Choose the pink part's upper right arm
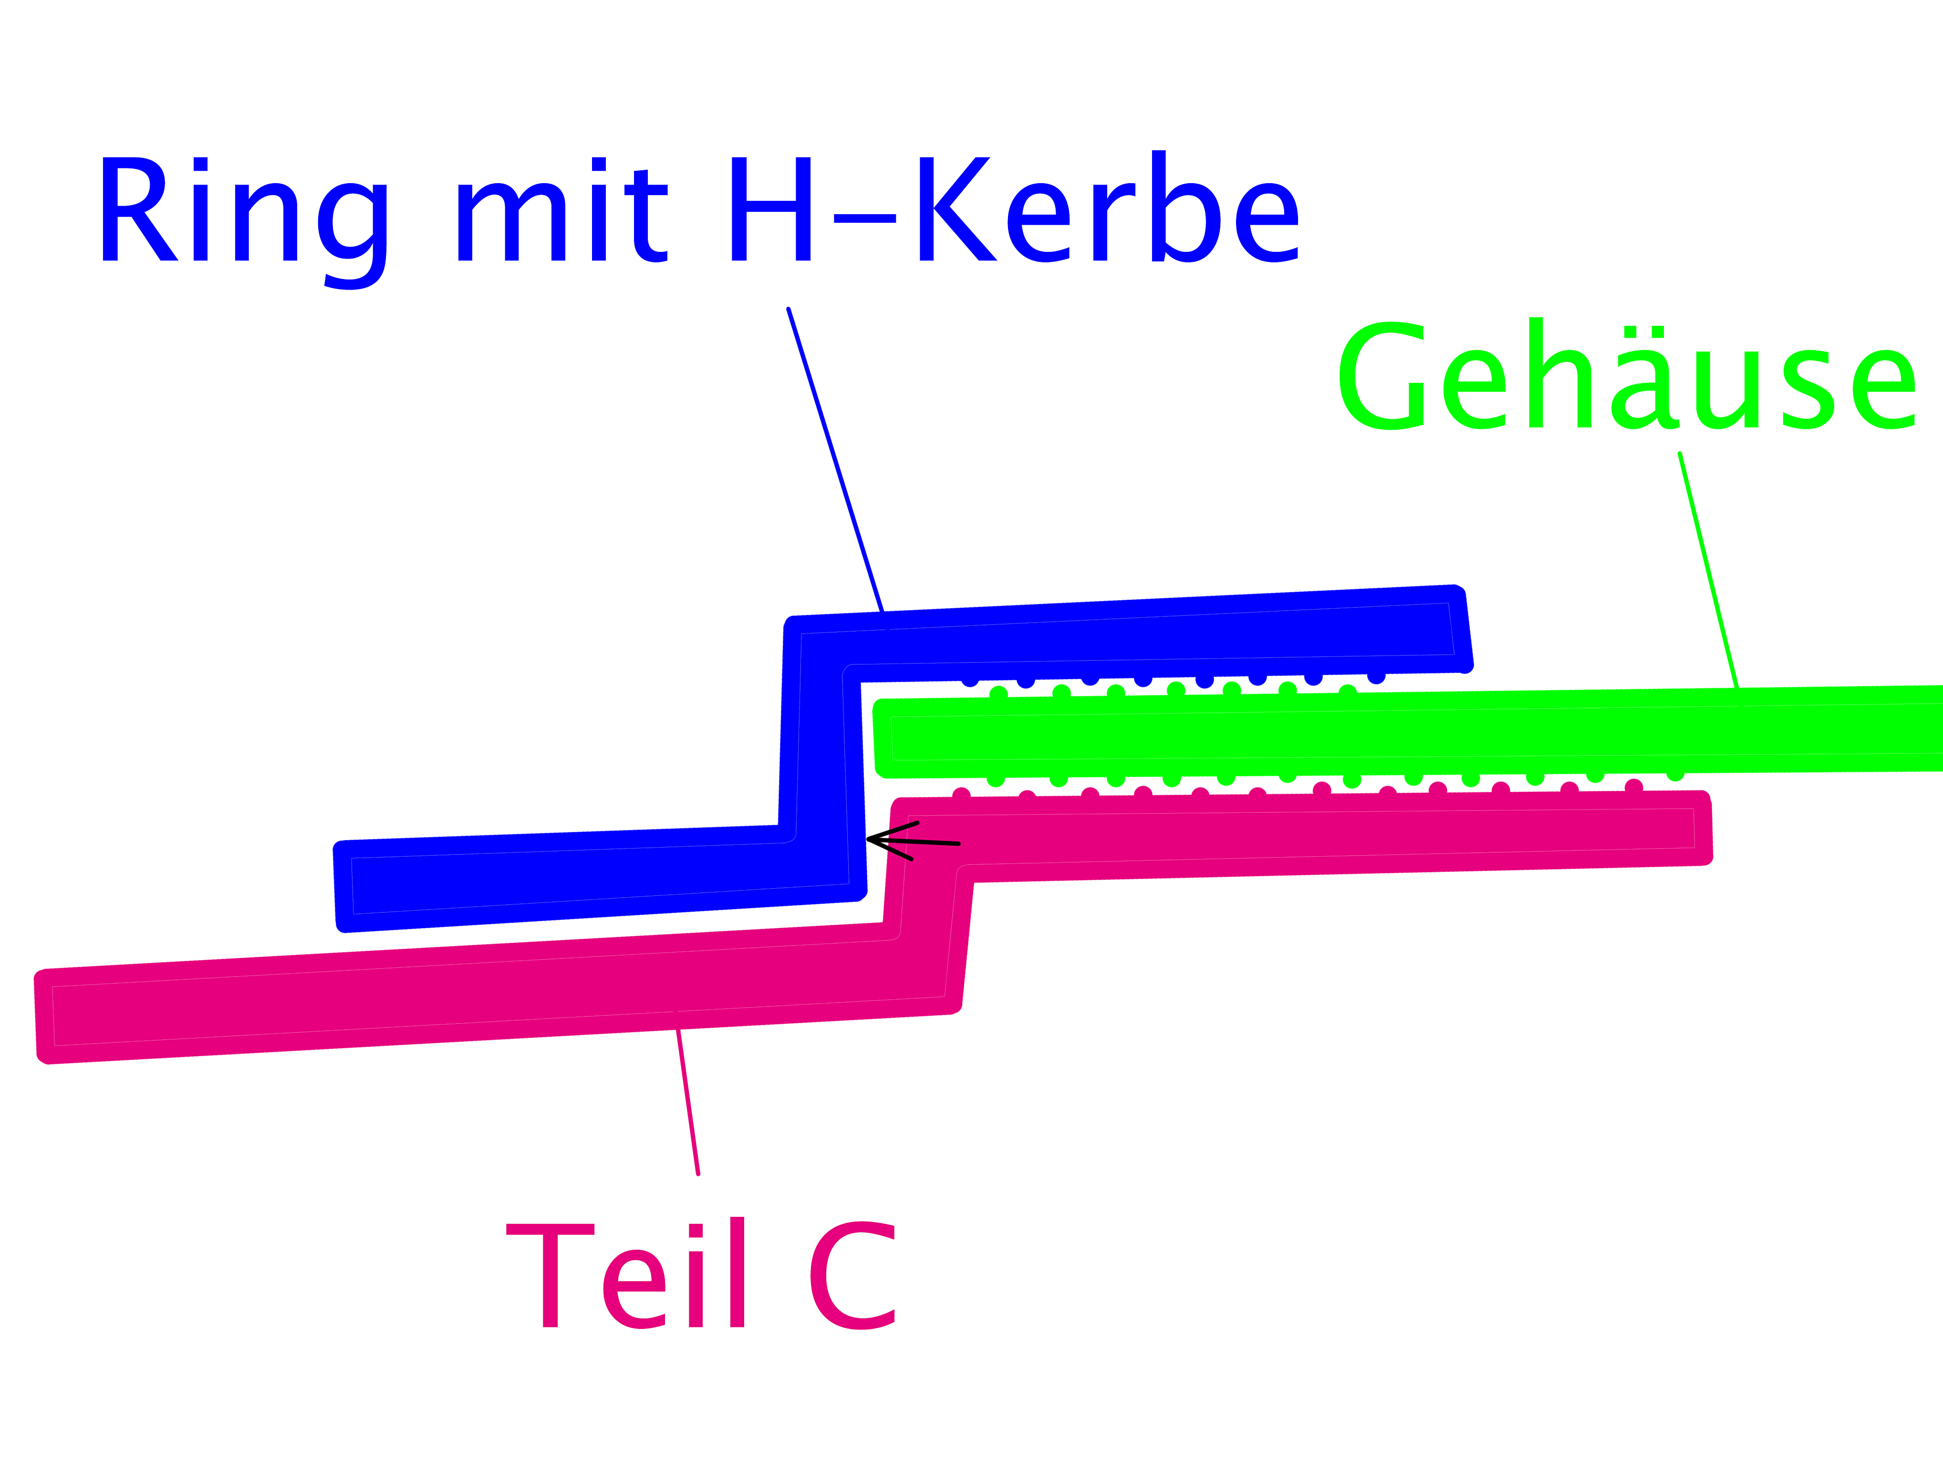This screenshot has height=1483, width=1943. point(1324,834)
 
